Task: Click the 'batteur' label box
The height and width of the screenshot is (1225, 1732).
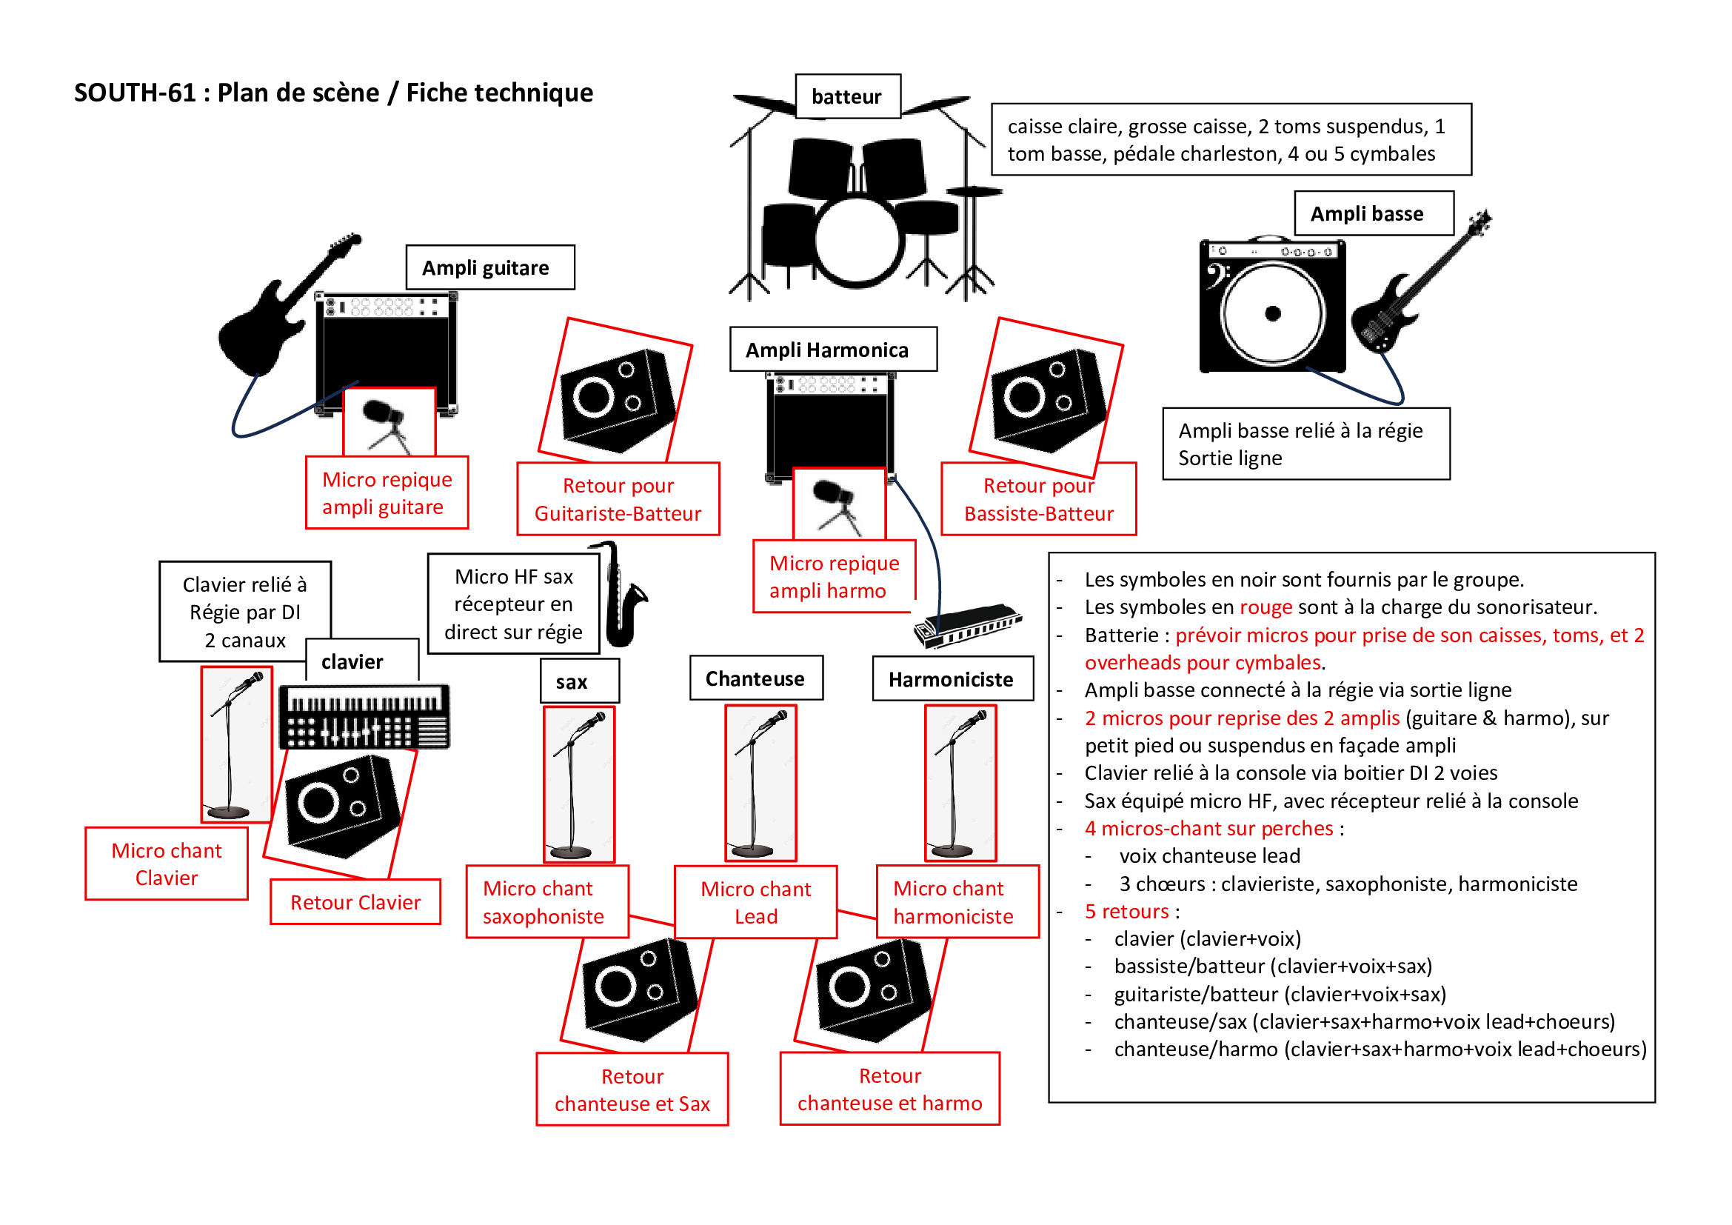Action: [x=847, y=96]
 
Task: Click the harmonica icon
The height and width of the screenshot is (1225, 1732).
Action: [x=968, y=624]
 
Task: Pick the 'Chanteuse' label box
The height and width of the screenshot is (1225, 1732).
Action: [x=756, y=678]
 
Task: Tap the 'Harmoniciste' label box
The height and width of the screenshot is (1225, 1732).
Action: [x=952, y=679]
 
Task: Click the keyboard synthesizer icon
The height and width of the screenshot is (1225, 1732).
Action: [x=365, y=716]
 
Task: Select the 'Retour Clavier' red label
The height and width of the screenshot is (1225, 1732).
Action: [x=355, y=902]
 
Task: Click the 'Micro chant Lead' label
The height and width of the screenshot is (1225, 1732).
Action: [x=756, y=902]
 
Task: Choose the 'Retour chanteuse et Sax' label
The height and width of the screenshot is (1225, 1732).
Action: [x=632, y=1089]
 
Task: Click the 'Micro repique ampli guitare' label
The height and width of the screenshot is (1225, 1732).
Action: [x=387, y=493]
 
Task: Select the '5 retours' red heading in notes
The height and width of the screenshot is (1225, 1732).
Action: [x=1127, y=911]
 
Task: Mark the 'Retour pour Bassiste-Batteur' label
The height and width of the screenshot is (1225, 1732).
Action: [x=1039, y=499]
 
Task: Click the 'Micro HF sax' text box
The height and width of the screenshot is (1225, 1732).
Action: [x=514, y=604]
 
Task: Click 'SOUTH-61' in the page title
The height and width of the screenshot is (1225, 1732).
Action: [x=135, y=93]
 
